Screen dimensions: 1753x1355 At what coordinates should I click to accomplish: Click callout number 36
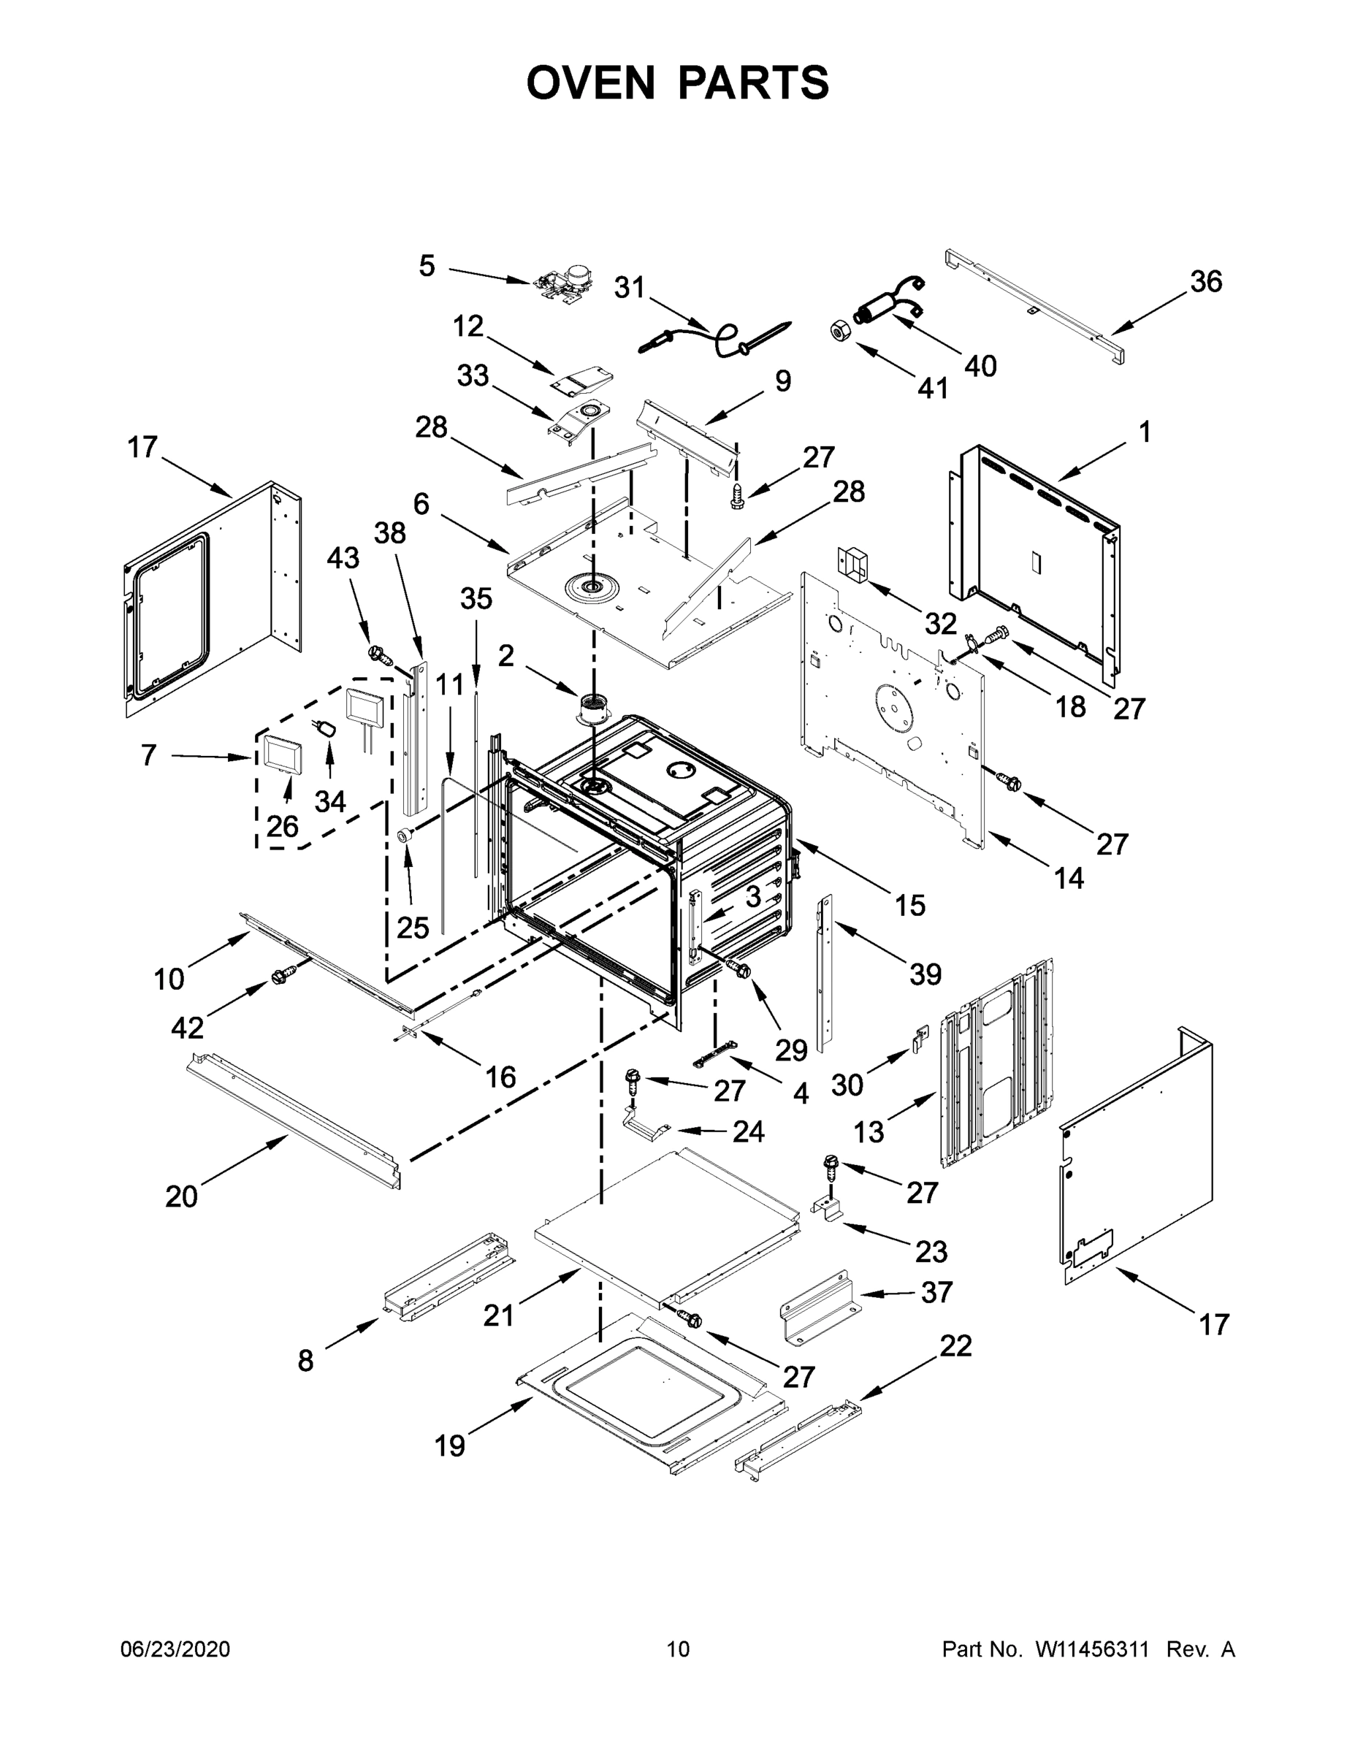click(x=1206, y=282)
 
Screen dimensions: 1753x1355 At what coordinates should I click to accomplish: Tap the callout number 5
click(x=427, y=266)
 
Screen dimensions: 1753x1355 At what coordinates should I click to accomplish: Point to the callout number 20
click(x=181, y=1196)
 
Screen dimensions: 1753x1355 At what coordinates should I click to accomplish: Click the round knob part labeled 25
click(x=406, y=836)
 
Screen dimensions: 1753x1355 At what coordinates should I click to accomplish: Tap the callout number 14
click(x=1069, y=878)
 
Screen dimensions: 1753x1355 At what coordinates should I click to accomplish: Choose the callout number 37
click(x=936, y=1292)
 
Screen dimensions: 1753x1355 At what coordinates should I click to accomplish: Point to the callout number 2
click(x=505, y=656)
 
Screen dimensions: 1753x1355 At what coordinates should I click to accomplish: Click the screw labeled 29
click(x=739, y=969)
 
